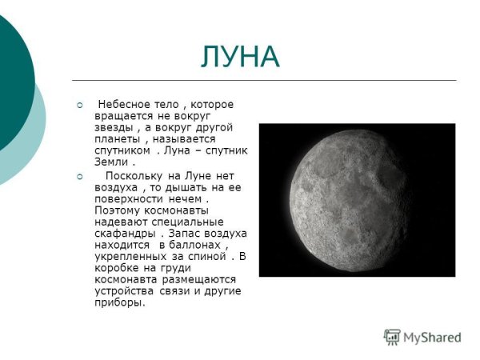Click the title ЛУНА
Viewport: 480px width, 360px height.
tap(240, 57)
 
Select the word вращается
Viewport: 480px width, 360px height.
tap(122, 116)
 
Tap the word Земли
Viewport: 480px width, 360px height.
tap(110, 161)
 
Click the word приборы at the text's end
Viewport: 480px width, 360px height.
tap(119, 303)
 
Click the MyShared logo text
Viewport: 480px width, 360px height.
tap(432, 337)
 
